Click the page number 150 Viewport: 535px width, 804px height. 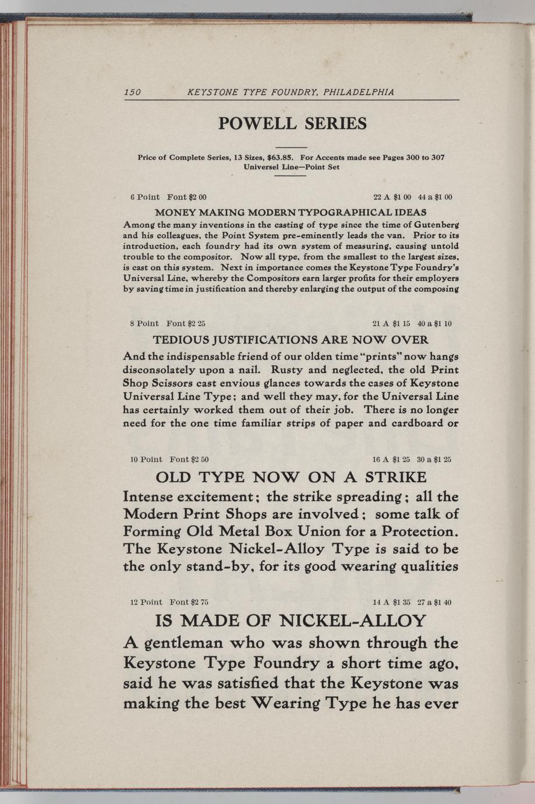tap(133, 92)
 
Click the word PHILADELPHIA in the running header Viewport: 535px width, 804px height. tap(359, 92)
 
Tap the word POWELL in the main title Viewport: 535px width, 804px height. tap(256, 124)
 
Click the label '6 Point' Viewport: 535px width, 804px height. tap(145, 197)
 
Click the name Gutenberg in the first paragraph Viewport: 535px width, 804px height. tap(432, 224)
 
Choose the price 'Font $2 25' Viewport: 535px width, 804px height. tap(186, 323)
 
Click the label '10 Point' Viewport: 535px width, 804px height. tap(146, 460)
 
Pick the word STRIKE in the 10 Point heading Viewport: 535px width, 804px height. tap(395, 478)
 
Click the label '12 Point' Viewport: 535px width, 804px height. tap(146, 602)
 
